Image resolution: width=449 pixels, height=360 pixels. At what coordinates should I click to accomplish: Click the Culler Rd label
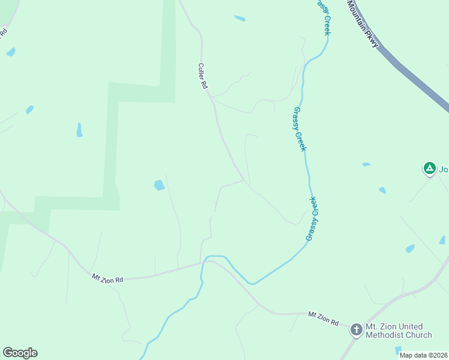click(203, 77)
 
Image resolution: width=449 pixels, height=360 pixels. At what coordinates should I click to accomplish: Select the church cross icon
click(356, 329)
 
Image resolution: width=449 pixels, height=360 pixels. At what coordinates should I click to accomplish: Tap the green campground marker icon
click(429, 169)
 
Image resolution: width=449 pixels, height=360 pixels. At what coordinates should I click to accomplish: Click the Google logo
click(20, 353)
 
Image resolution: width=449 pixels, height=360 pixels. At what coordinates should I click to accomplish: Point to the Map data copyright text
click(423, 355)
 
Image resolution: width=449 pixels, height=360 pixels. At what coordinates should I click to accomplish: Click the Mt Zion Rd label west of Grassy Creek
click(107, 278)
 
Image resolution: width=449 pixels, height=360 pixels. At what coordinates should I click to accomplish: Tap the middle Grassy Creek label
click(300, 129)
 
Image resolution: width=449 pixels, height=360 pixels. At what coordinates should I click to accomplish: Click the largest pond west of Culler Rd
click(159, 185)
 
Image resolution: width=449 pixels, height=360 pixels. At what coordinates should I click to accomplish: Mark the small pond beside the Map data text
click(398, 350)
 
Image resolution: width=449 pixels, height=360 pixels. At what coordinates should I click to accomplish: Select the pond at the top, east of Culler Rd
click(240, 19)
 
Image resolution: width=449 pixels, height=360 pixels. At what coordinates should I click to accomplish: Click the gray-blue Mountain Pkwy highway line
click(414, 78)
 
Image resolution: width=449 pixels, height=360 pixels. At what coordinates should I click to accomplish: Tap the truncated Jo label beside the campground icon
click(444, 169)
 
